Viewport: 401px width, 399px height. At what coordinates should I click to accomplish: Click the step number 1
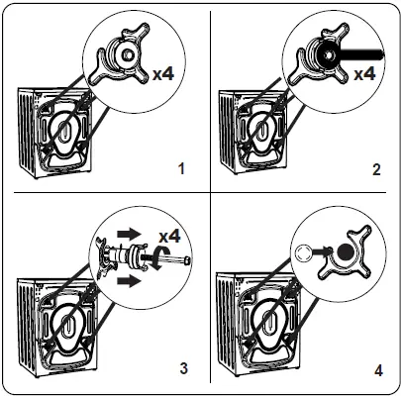tap(181, 169)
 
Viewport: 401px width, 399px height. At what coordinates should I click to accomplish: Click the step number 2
tap(376, 169)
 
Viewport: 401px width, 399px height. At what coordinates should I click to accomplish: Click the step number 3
tap(184, 368)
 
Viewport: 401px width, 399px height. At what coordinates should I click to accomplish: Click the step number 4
tap(378, 370)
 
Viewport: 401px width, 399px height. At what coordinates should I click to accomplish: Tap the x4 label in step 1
tap(163, 73)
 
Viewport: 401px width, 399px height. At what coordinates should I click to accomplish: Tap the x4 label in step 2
tap(364, 73)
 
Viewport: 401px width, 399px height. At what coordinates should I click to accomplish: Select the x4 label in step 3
tap(169, 237)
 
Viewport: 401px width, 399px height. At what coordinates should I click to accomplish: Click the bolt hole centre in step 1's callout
tap(127, 54)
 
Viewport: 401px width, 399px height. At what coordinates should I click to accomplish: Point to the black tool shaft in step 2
tap(361, 54)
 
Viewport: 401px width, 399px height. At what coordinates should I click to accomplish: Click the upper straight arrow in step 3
tap(130, 234)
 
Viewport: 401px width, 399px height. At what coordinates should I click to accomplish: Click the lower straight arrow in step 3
tap(130, 281)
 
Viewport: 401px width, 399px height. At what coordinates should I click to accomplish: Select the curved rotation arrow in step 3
tap(158, 258)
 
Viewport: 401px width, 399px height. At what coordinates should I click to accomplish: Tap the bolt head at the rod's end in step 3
tap(187, 260)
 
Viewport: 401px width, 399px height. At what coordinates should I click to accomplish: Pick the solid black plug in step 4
tap(346, 252)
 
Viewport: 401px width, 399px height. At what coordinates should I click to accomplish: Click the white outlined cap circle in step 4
tap(302, 253)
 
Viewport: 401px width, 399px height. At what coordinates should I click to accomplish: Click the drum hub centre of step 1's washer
tap(64, 128)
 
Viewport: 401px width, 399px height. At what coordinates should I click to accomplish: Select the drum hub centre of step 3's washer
tap(68, 324)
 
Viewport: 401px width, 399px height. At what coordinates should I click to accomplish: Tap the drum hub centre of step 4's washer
tap(268, 322)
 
